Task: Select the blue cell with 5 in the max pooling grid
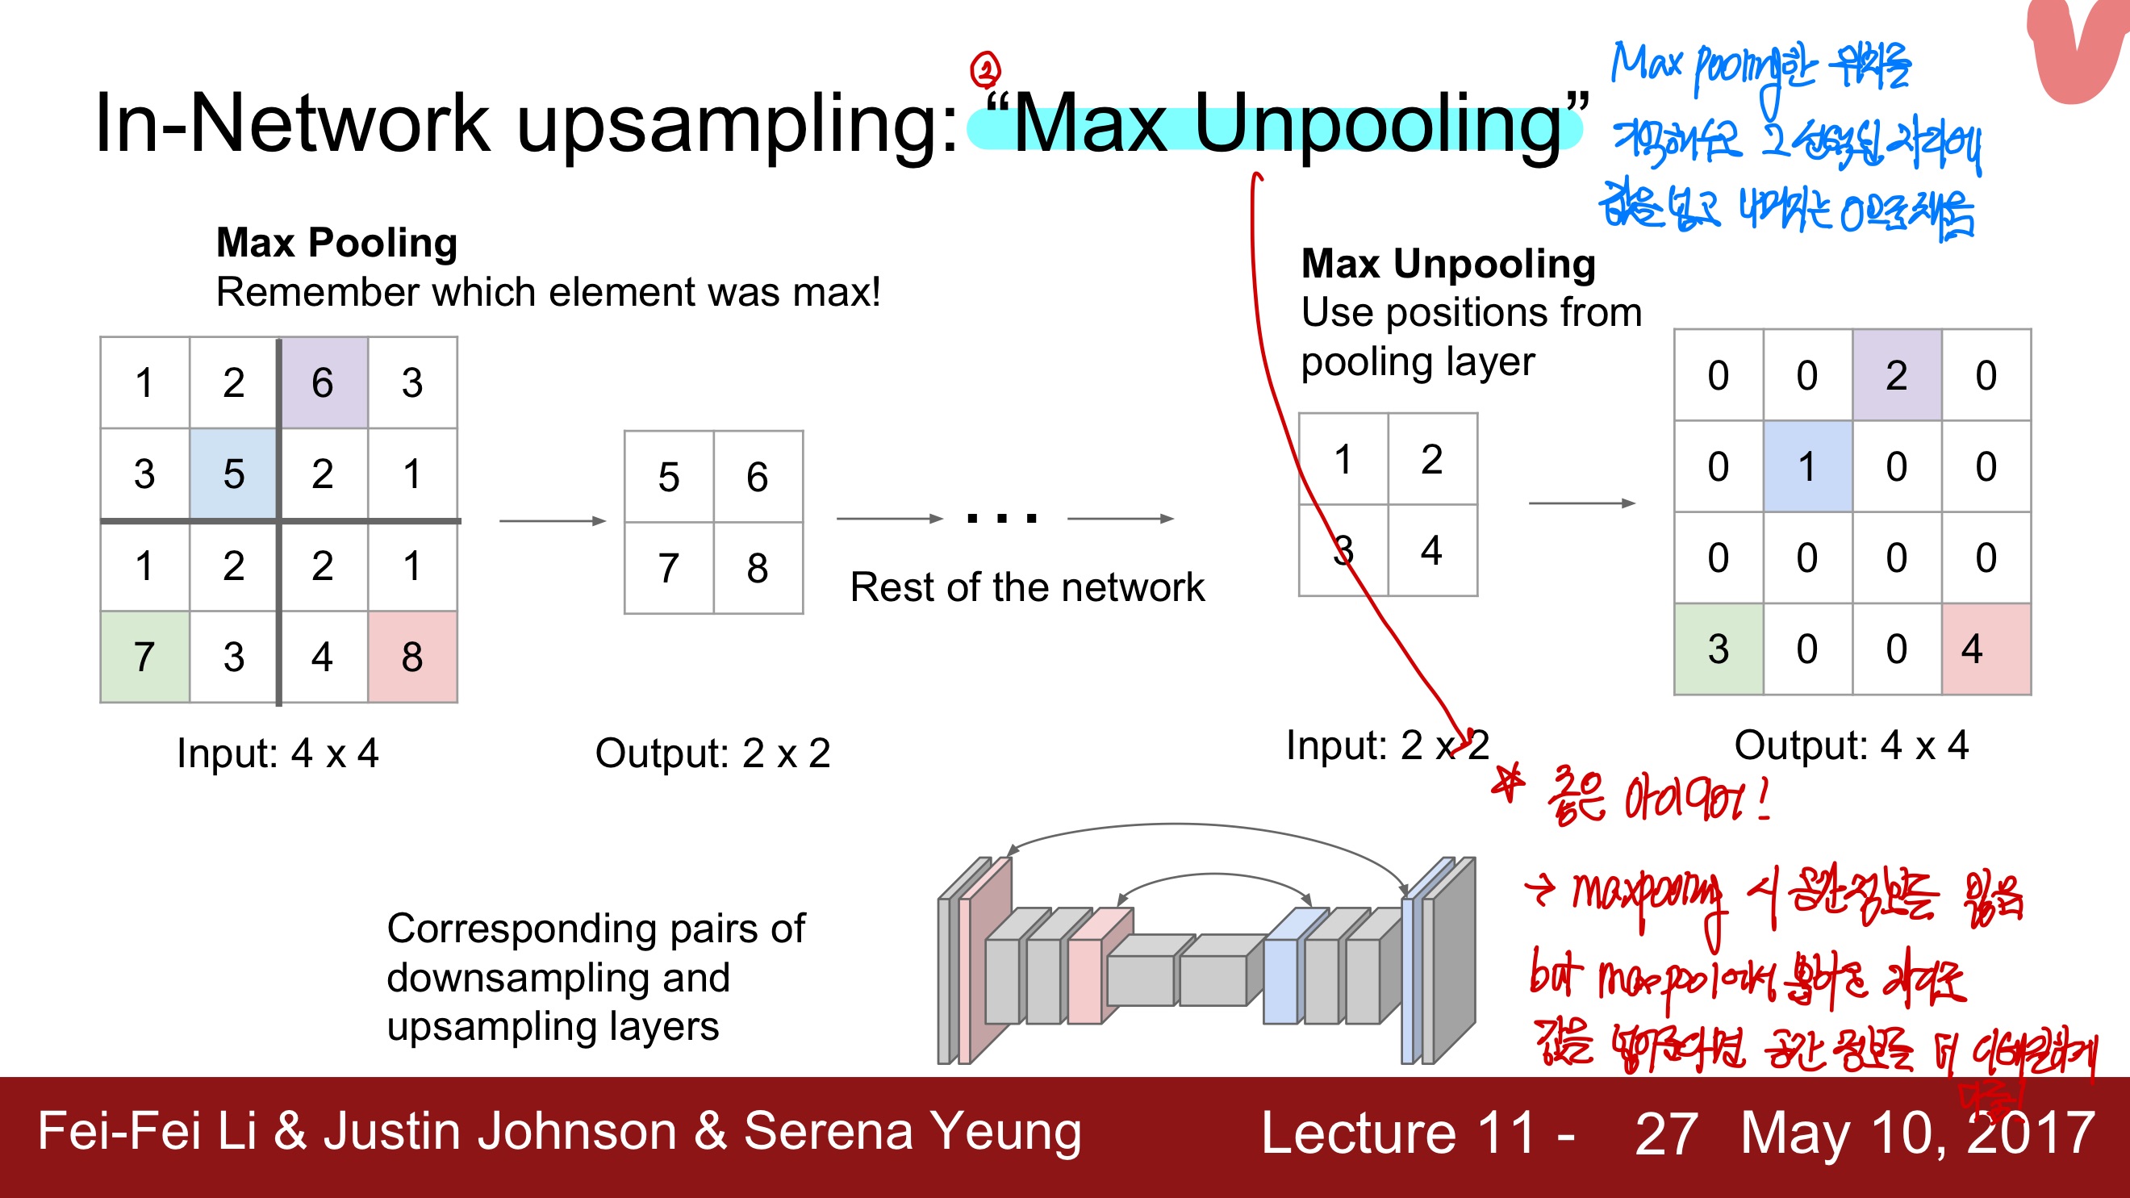(233, 474)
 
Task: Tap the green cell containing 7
(144, 657)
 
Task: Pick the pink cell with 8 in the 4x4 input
(411, 657)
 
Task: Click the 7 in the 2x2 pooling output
(668, 568)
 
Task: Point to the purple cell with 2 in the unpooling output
(1896, 375)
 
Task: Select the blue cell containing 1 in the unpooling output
(1806, 466)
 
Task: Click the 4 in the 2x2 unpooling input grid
(1431, 550)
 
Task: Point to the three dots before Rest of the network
(1001, 519)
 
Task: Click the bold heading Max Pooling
(336, 243)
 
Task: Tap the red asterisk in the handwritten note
(1509, 783)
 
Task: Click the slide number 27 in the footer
(1665, 1133)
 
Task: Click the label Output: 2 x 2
(712, 753)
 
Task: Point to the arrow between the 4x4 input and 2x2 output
(553, 521)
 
